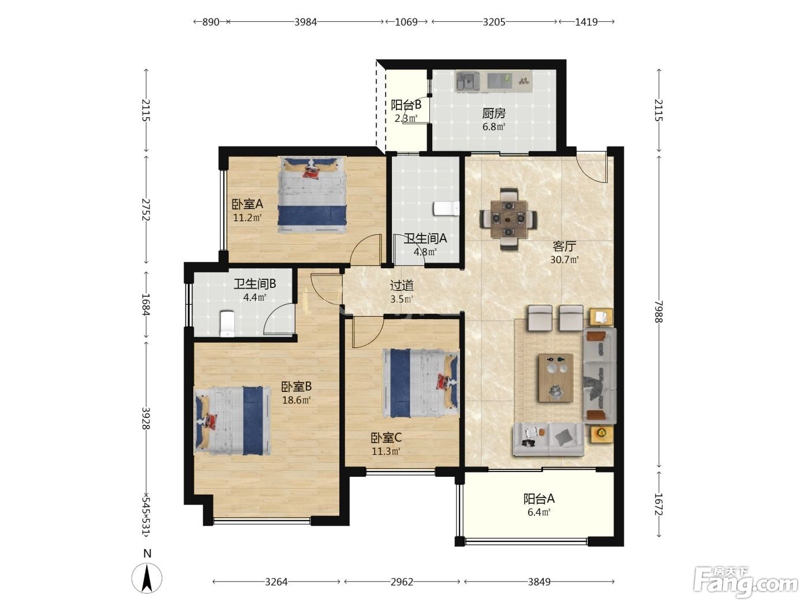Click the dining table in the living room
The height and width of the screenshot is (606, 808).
tap(508, 220)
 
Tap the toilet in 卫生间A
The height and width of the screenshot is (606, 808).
tap(446, 208)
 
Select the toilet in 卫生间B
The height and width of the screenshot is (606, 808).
tap(227, 323)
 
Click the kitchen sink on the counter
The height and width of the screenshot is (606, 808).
tap(467, 82)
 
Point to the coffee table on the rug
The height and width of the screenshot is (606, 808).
tap(556, 377)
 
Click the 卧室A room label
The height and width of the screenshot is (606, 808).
tap(247, 204)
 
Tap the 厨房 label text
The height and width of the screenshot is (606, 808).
tap(493, 113)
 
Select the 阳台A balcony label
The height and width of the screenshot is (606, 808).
tap(539, 499)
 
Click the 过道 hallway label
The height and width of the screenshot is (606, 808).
tap(402, 285)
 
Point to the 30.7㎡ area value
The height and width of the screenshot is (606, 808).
tap(564, 260)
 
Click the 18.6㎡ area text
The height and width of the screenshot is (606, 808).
tap(296, 400)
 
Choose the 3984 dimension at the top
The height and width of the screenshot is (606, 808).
tap(305, 22)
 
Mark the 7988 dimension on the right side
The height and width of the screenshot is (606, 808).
tap(659, 312)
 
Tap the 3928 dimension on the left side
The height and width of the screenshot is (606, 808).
tap(147, 418)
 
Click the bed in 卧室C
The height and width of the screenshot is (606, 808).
tap(421, 383)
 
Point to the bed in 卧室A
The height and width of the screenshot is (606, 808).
tap(313, 195)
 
